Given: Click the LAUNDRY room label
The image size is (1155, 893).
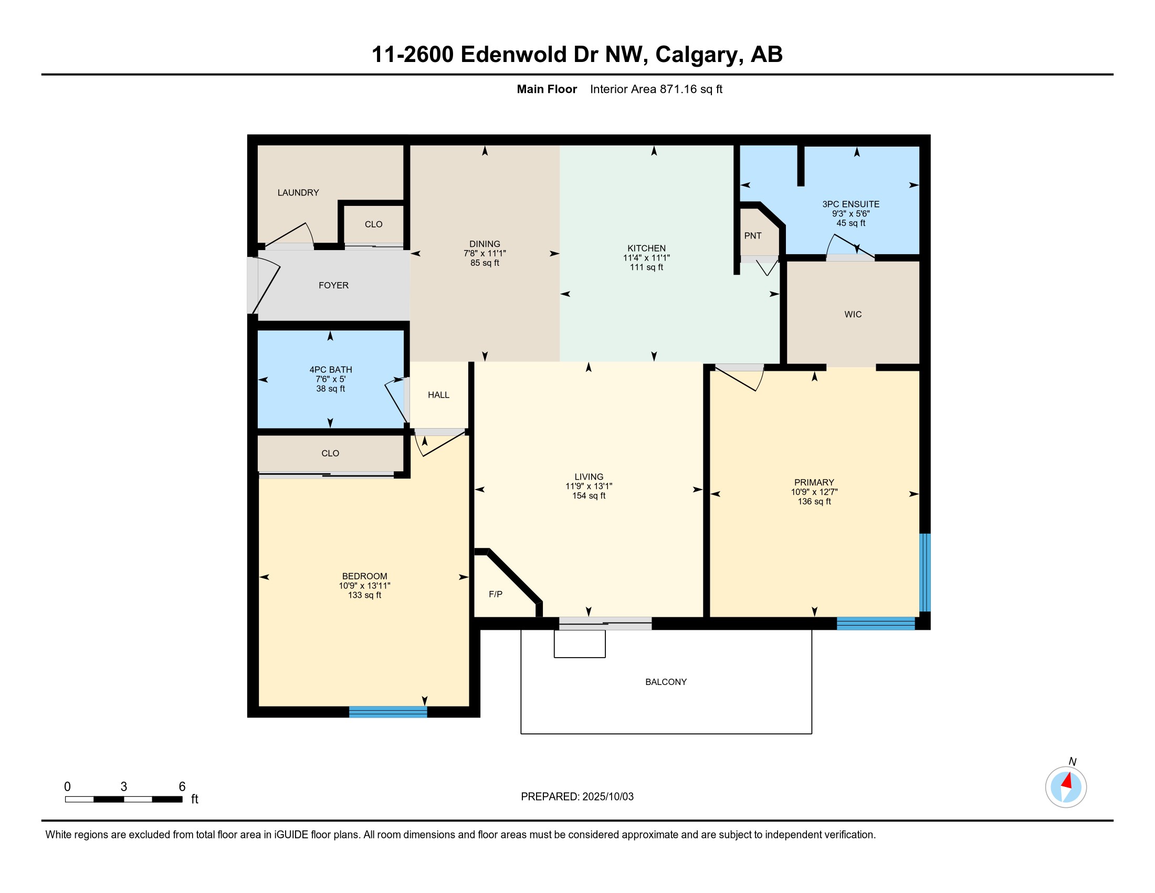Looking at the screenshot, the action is (x=298, y=193).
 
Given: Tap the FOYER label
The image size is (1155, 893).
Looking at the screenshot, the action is (x=334, y=285).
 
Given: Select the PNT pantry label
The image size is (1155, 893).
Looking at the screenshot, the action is (x=753, y=235).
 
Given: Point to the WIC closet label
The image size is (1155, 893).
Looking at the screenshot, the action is (x=853, y=314).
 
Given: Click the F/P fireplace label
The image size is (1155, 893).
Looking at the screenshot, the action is (x=496, y=594).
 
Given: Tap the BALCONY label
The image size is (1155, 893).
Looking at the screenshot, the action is (x=666, y=682).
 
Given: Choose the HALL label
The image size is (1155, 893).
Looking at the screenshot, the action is (x=438, y=394).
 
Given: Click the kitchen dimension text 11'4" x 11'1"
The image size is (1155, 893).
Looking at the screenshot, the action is (x=646, y=257).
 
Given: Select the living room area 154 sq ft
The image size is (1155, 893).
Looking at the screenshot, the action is (x=589, y=496).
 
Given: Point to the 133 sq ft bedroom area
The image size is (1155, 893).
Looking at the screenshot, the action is (x=364, y=595).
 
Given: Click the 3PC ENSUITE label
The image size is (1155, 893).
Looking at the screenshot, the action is (x=851, y=204).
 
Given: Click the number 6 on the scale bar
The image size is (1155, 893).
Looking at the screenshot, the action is (x=182, y=787).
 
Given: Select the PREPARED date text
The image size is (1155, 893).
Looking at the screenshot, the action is (x=577, y=797).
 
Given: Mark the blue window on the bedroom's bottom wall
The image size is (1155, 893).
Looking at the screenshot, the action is (x=388, y=712).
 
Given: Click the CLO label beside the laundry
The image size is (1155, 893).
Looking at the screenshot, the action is (x=373, y=224).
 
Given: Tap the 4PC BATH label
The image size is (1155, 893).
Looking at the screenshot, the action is (x=331, y=370).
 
